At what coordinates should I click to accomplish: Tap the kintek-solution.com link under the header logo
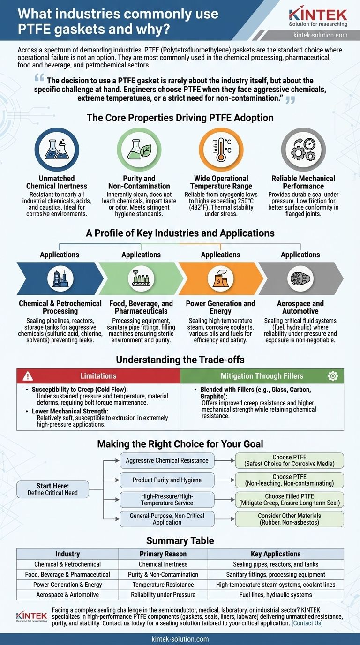tap(320, 35)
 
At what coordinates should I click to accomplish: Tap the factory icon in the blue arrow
tap(60, 278)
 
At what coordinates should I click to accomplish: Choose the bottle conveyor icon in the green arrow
tap(141, 278)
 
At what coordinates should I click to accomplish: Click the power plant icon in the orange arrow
tap(220, 278)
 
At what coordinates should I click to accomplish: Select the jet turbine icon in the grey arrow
tap(300, 278)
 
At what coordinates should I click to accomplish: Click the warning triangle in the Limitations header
tap(28, 376)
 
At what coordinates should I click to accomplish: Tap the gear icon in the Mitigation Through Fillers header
tap(333, 376)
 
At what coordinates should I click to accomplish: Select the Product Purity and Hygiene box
tap(167, 480)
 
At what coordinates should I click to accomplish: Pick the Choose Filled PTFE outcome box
tap(289, 500)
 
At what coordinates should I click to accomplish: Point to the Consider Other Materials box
tap(289, 519)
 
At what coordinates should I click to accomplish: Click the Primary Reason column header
tap(163, 554)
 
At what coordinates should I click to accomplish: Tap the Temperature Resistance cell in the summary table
tap(163, 585)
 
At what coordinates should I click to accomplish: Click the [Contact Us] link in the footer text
tap(307, 623)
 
